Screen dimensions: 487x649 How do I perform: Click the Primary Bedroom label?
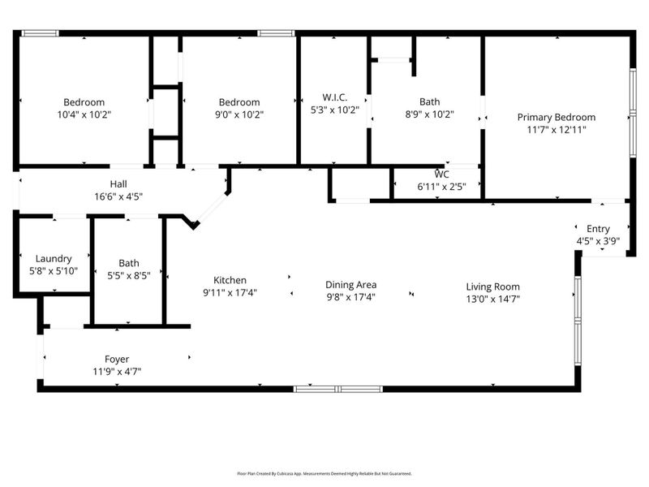[x=556, y=117]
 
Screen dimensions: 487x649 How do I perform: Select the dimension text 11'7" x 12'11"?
[x=556, y=129]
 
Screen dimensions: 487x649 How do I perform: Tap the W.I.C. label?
[x=334, y=97]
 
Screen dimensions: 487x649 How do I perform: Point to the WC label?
[x=441, y=174]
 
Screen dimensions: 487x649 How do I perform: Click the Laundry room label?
[x=54, y=259]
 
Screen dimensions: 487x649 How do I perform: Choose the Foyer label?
[x=117, y=359]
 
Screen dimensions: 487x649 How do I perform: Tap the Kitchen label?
[x=230, y=280]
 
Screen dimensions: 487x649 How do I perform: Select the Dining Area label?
[x=350, y=285]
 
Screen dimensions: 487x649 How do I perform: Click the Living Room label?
[x=492, y=287]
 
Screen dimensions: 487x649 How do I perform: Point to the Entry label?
[x=598, y=229]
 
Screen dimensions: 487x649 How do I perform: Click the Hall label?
[x=118, y=184]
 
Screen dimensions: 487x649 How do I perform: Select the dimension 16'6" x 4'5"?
[x=118, y=196]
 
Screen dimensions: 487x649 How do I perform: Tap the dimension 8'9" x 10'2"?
[x=429, y=114]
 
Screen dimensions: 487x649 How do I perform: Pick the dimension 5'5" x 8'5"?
[x=128, y=275]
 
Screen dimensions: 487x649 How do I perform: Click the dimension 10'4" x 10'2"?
[x=84, y=114]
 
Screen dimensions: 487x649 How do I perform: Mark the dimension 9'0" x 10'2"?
[x=239, y=114]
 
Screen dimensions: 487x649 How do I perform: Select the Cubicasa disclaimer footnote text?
[x=324, y=473]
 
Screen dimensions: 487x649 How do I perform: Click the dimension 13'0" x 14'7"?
[x=492, y=299]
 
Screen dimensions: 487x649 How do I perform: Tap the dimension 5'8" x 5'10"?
[x=54, y=271]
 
